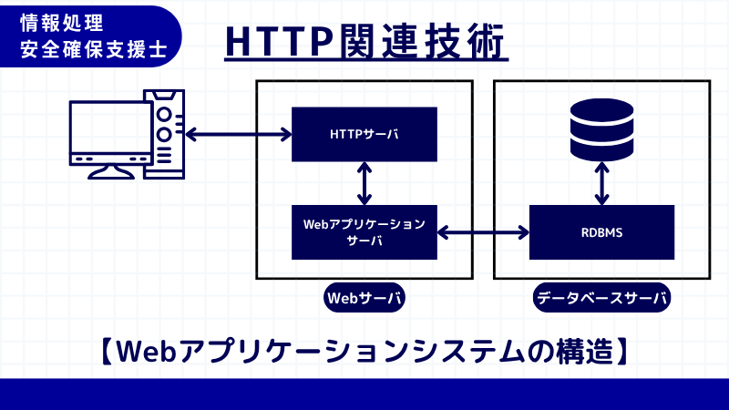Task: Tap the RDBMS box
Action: point(601,231)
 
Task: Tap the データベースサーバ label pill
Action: point(601,298)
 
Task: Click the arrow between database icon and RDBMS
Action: point(601,184)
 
